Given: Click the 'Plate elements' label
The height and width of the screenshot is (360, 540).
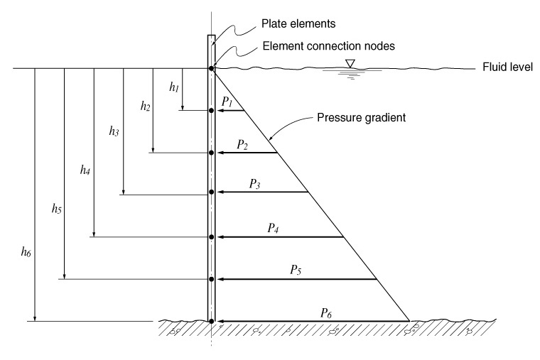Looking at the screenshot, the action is [x=298, y=23].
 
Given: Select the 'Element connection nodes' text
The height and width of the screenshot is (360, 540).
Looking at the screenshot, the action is [x=328, y=45].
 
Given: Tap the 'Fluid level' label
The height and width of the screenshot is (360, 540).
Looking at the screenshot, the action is [x=507, y=67].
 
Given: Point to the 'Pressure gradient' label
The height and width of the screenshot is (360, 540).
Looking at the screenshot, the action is [x=361, y=118].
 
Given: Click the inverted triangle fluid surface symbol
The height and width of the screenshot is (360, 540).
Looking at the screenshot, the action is [x=350, y=63].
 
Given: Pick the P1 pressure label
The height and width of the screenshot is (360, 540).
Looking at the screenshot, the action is [x=227, y=102].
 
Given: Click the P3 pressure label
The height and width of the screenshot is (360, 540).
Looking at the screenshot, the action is [x=254, y=185].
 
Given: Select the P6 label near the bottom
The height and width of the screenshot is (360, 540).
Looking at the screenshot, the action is [x=326, y=314].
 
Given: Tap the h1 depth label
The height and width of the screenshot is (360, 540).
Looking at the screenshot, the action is [x=174, y=87].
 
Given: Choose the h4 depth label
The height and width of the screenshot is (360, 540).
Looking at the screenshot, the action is [x=85, y=170].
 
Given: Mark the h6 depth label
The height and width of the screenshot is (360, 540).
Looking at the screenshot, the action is [x=26, y=252].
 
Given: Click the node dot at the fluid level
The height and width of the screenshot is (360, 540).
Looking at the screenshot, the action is [x=211, y=69].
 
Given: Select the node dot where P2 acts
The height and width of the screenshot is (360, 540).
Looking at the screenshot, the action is [x=211, y=153].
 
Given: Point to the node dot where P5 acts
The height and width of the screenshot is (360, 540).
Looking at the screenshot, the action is [x=211, y=279].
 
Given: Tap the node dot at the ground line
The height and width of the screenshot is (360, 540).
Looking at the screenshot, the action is [x=211, y=321].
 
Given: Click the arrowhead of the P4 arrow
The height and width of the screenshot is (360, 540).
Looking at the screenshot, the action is [x=221, y=237].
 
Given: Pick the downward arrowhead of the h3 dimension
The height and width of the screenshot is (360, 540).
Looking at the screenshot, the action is [x=124, y=192].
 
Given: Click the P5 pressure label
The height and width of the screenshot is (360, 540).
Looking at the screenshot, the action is [x=296, y=270].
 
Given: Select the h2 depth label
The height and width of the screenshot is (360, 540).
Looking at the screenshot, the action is [x=145, y=107].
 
